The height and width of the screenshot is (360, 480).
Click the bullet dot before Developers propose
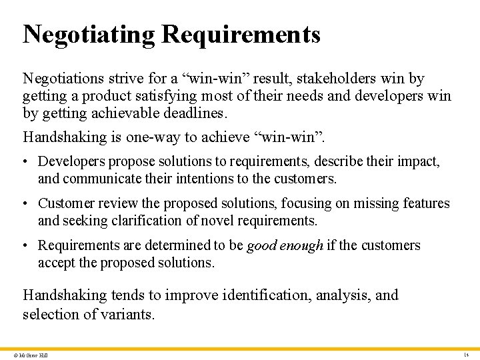point(27,162)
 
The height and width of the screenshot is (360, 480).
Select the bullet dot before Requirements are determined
point(27,246)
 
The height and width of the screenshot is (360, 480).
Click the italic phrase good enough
point(285,246)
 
